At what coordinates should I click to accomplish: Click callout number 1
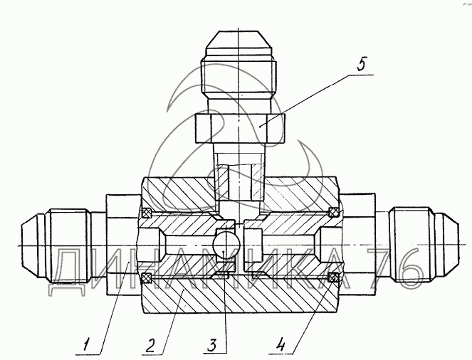(x=86, y=344)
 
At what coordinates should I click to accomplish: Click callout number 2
(x=150, y=345)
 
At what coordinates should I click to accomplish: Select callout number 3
(x=212, y=345)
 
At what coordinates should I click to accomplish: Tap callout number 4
(x=280, y=344)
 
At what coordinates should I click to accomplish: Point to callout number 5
(x=362, y=64)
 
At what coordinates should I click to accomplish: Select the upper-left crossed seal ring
(x=147, y=213)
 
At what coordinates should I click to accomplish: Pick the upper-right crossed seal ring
(x=333, y=212)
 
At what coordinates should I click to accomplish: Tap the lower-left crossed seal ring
(x=147, y=277)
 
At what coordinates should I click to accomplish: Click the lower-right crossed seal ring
(x=332, y=277)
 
